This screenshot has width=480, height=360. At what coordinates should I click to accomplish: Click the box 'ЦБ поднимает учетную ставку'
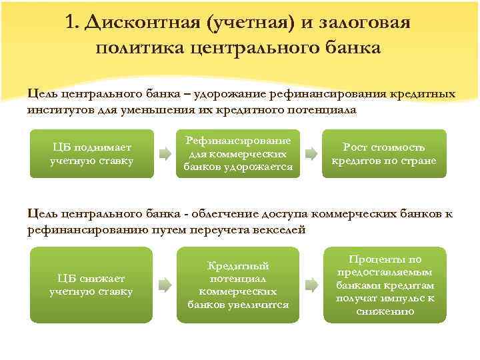[x=92, y=153]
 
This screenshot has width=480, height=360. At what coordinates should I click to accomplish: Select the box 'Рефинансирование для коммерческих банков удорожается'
[x=238, y=154]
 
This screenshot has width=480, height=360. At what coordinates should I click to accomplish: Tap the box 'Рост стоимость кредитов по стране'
[x=384, y=154]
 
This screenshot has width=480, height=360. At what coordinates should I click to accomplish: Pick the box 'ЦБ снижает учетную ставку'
[x=92, y=285]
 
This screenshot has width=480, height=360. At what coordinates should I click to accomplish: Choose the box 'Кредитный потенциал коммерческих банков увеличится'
[x=238, y=285]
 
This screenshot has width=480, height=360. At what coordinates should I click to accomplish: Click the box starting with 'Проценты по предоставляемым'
[x=384, y=285]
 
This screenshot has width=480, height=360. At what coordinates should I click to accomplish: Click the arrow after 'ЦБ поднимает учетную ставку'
[x=164, y=155]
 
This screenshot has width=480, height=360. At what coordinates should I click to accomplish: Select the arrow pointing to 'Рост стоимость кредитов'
[x=310, y=155]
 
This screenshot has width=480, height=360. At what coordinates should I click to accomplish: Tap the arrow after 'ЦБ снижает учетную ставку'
[x=164, y=285]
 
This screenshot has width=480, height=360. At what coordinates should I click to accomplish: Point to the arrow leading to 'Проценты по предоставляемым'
[x=310, y=285]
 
